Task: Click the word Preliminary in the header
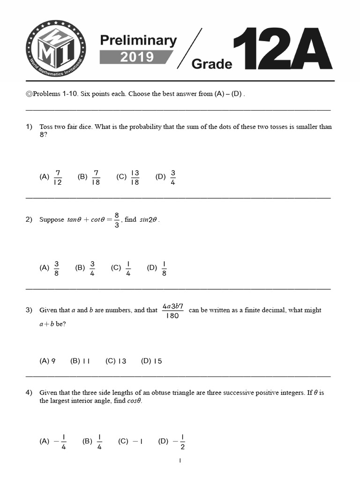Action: coord(138,41)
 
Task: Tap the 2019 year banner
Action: coord(136,57)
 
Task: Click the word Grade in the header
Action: coord(212,64)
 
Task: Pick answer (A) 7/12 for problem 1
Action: coord(51,177)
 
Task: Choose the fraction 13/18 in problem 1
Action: coord(128,177)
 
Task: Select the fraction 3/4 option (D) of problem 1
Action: coord(166,177)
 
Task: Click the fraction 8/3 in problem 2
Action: coord(117,219)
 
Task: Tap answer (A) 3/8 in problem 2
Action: coord(50,268)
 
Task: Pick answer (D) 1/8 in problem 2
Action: coord(157,268)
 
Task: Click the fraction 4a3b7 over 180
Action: coord(172,311)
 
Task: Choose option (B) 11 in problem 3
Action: coord(80,361)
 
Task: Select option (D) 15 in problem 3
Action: coord(151,361)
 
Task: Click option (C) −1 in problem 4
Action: coord(130,441)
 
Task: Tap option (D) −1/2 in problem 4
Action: coord(172,441)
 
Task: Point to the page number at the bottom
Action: coord(180,461)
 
